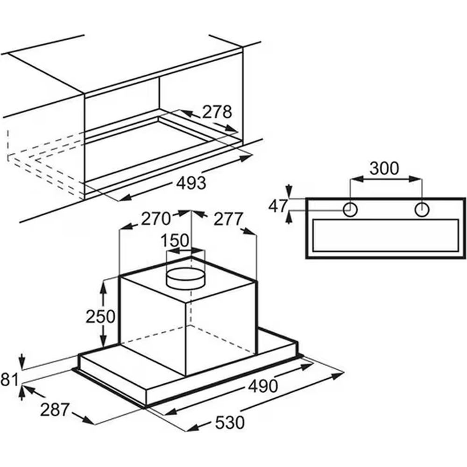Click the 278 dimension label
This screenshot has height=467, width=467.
[217, 112]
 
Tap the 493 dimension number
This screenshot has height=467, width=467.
[191, 183]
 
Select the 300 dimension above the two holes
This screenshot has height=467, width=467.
[384, 168]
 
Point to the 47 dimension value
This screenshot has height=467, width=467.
[278, 206]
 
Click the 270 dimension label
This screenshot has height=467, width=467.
[156, 219]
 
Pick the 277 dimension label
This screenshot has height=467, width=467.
[228, 219]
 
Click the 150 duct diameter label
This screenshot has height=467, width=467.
[175, 241]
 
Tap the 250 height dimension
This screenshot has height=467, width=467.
[100, 316]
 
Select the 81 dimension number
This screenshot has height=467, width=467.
[9, 380]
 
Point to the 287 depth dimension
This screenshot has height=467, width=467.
[55, 410]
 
